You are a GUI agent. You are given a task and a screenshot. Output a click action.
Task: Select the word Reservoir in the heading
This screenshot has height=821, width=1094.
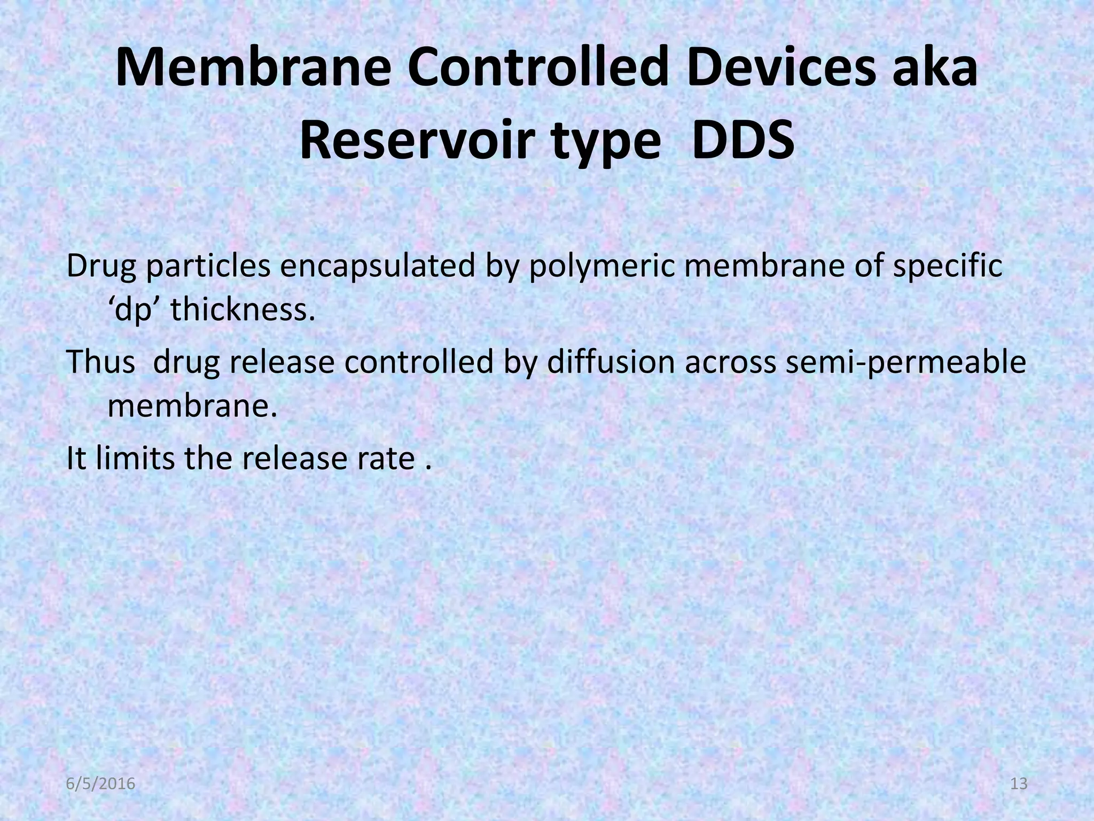tap(427, 143)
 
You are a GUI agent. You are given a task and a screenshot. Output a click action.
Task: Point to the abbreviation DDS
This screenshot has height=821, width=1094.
tap(741, 143)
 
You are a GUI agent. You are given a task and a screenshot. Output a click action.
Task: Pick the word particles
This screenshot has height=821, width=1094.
tap(208, 267)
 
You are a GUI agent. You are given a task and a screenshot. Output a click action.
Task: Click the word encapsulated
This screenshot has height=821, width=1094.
tap(378, 267)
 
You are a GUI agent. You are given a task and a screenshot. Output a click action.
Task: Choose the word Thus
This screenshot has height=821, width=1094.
tap(100, 362)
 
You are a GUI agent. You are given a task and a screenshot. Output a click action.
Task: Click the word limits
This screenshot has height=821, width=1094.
tap(135, 459)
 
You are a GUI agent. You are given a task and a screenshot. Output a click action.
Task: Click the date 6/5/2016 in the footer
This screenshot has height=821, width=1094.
tap(101, 785)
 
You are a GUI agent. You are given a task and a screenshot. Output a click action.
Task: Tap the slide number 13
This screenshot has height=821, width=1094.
tap(1019, 785)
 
